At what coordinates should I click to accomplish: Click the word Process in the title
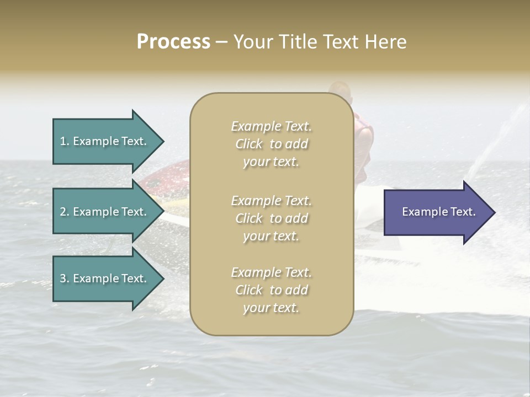[173, 42]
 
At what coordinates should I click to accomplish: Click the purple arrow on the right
[436, 212]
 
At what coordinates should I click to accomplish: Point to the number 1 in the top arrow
[63, 141]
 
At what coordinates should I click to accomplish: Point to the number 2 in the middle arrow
[63, 212]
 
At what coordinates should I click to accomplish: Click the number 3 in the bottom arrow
[63, 278]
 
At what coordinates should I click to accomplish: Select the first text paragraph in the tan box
[271, 144]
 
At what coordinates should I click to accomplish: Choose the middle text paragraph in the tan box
[271, 218]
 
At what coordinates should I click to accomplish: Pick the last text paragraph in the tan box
[271, 290]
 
